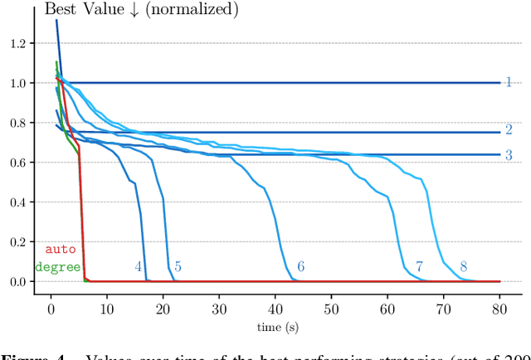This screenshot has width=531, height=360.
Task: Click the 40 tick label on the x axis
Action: pyautogui.click(x=275, y=309)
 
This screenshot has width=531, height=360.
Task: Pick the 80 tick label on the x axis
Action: pyautogui.click(x=500, y=309)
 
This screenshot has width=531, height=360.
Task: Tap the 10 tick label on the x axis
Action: pyautogui.click(x=107, y=309)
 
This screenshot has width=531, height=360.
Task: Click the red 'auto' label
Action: pyautogui.click(x=59, y=249)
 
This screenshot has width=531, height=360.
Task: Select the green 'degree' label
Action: pyautogui.click(x=57, y=267)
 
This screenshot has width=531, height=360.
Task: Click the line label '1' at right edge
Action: pyautogui.click(x=509, y=82)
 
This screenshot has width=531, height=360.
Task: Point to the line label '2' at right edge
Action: pyautogui.click(x=509, y=129)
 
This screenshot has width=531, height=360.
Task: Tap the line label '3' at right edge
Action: pyautogui.click(x=509, y=154)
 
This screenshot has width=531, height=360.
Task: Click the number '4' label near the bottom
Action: pyautogui.click(x=139, y=266)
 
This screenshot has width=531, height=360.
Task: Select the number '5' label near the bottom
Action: pyautogui.click(x=178, y=266)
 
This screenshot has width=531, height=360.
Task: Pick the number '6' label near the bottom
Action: pyautogui.click(x=300, y=266)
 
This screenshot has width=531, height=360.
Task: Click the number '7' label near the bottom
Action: pyautogui.click(x=419, y=266)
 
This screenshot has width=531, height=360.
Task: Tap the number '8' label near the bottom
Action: pyautogui.click(x=463, y=266)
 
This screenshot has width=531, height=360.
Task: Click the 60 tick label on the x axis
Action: pyautogui.click(x=387, y=309)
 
